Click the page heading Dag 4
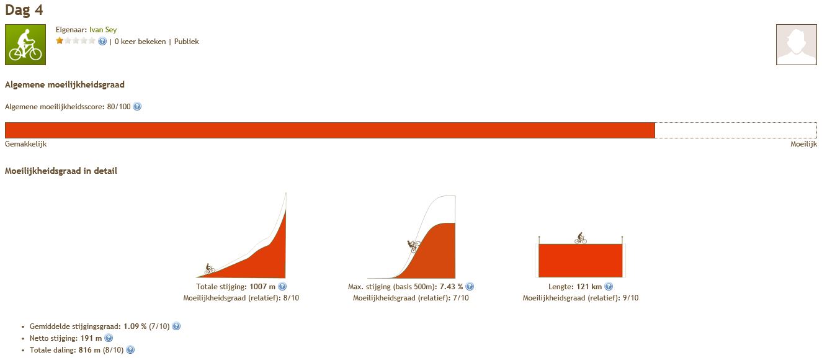(24, 9)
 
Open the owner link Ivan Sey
(103, 30)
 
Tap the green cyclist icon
(25, 45)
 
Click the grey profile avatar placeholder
(797, 45)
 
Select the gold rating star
(60, 41)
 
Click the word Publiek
(186, 42)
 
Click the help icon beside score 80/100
(137, 106)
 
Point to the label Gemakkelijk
(25, 144)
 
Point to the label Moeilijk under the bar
(803, 144)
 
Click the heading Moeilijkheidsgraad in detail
(61, 171)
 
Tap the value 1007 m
(262, 287)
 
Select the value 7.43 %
(452, 287)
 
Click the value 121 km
(589, 287)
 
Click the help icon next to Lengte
(609, 287)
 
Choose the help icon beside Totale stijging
(282, 287)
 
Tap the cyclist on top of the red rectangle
(581, 238)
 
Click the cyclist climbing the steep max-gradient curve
(414, 246)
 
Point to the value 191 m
(91, 338)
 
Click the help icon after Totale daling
(130, 349)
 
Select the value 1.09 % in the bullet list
(135, 326)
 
